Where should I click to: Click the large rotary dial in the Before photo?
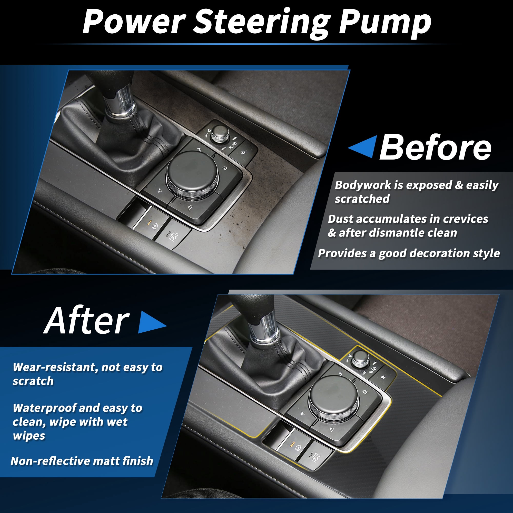click(192, 174)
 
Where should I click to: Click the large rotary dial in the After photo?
click(334, 398)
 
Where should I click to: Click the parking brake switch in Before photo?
click(151, 223)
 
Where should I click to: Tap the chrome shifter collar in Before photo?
click(120, 102)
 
